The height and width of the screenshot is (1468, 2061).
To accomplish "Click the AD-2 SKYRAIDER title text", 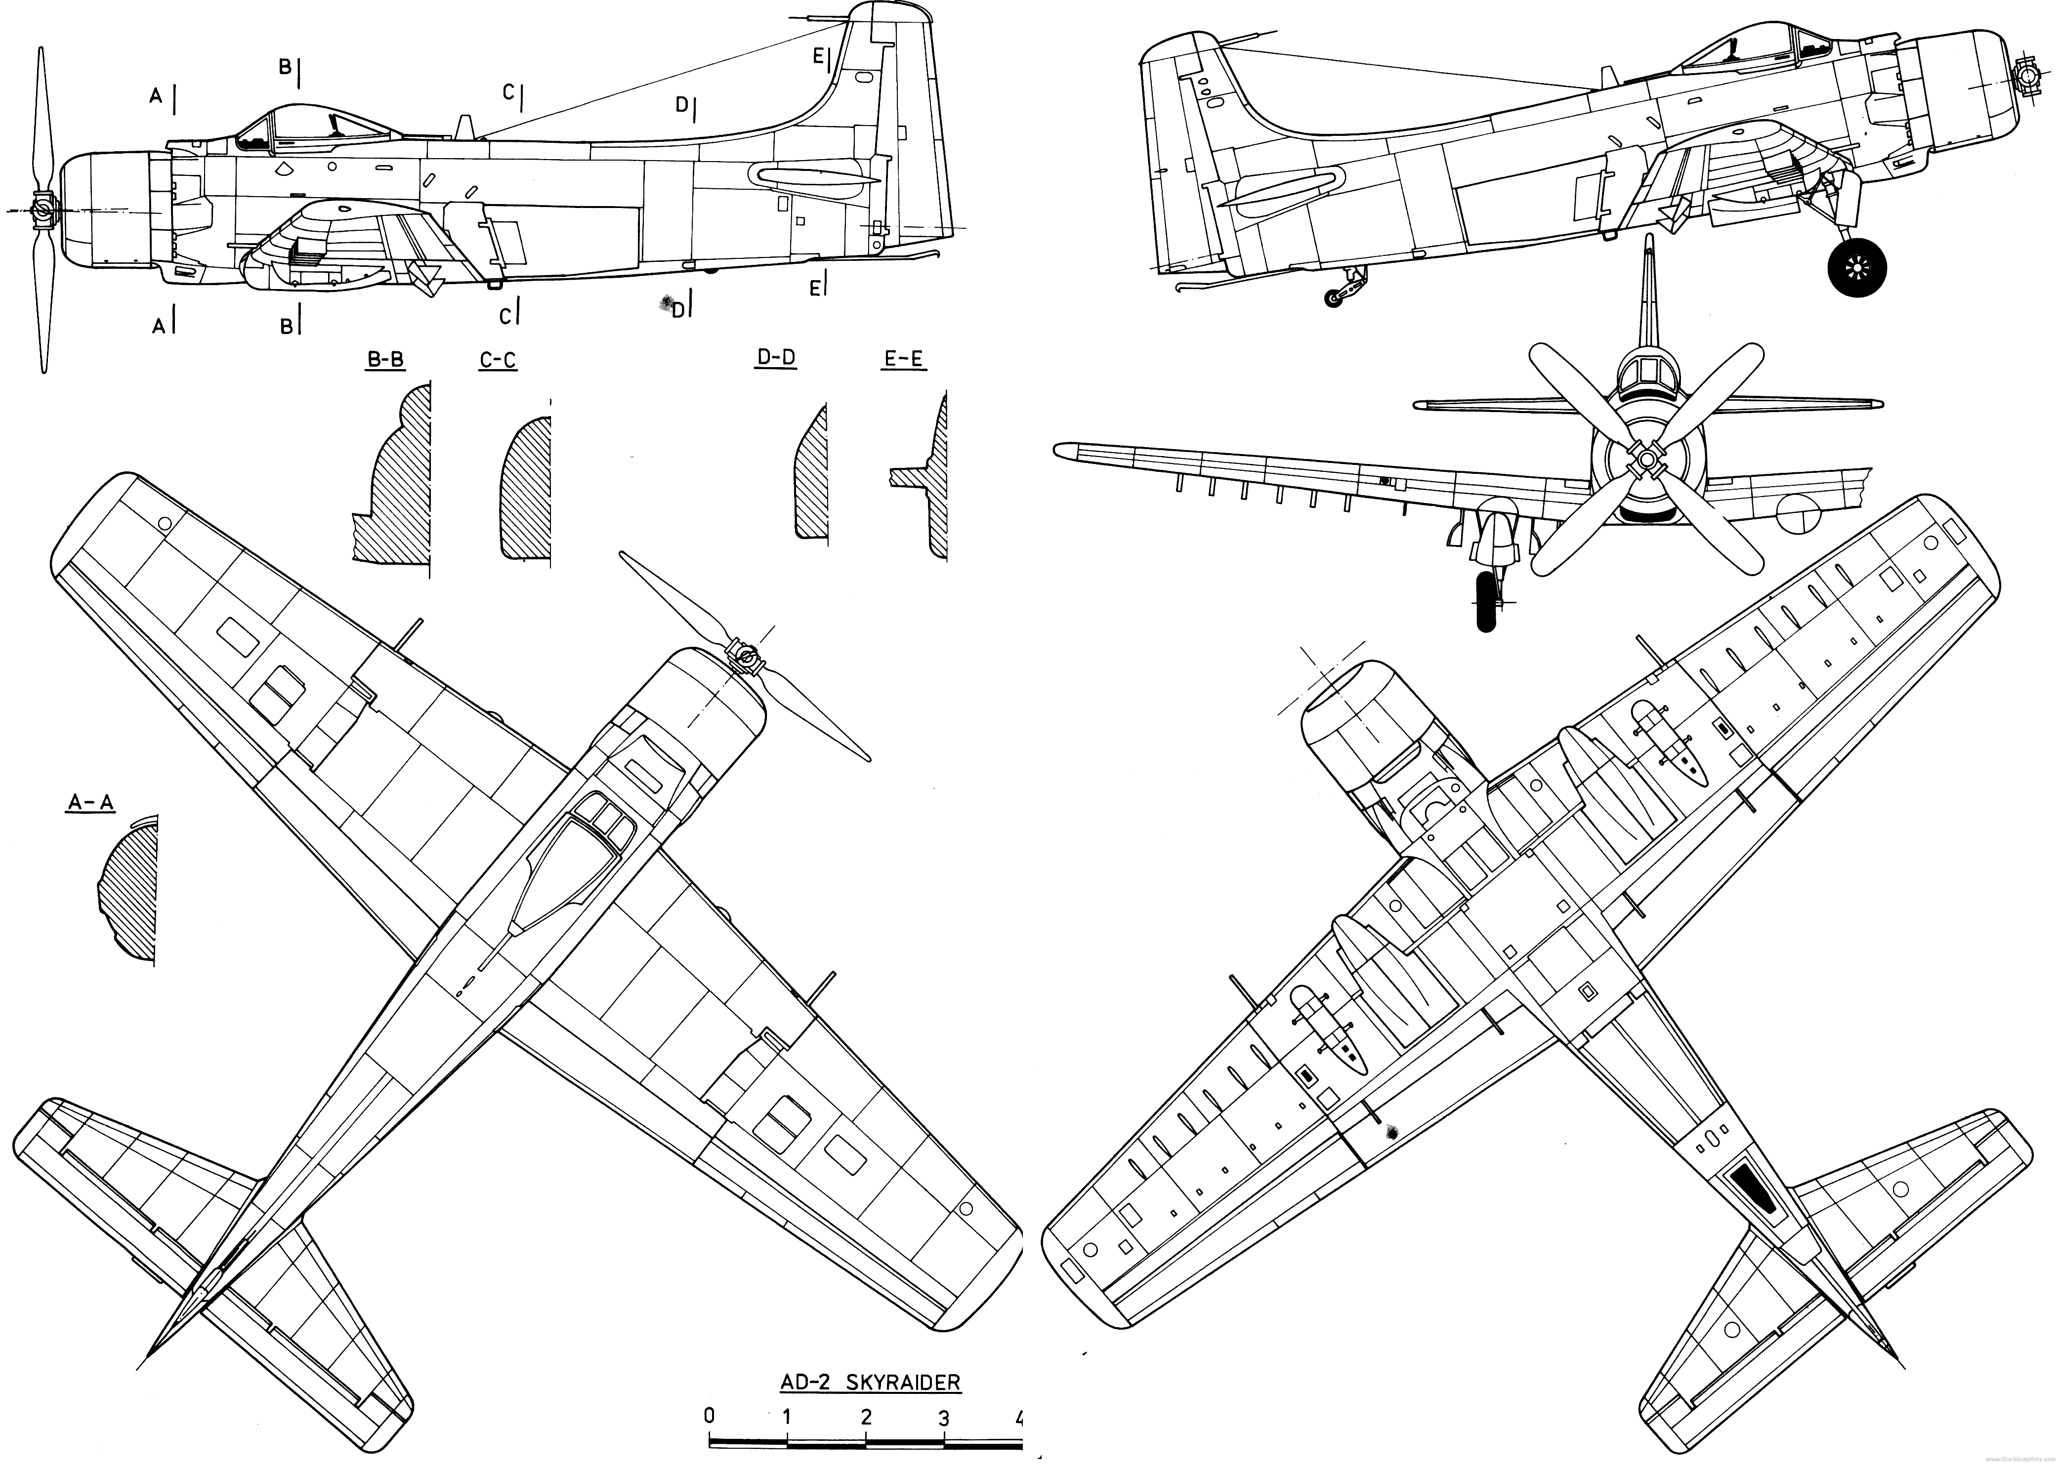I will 870,1382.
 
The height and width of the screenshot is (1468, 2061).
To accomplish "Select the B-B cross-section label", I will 385,360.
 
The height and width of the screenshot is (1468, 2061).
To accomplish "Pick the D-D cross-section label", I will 776,358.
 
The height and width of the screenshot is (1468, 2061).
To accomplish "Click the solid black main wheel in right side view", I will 1857,267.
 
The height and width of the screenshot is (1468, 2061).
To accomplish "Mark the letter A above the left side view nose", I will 156,96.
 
